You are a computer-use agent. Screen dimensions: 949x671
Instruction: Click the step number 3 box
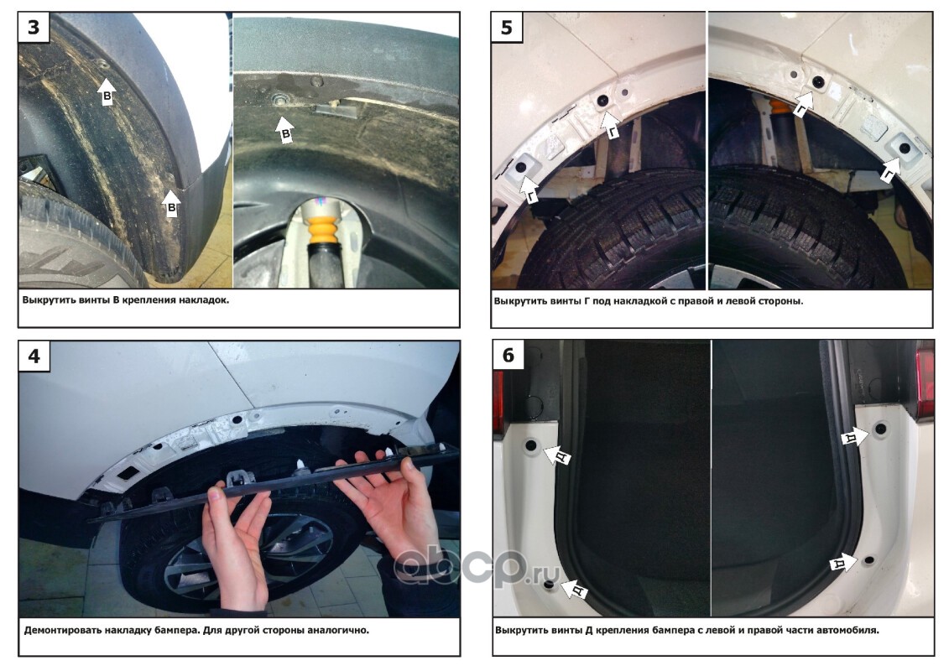coord(34,28)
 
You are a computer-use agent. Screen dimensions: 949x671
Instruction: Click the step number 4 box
coord(34,356)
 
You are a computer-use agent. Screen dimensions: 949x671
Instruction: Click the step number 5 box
coord(507,28)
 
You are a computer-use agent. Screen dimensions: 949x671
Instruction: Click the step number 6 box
coord(508,355)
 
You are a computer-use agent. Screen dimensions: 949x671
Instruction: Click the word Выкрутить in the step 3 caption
coord(49,299)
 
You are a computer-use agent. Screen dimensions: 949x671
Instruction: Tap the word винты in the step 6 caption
coord(566,630)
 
